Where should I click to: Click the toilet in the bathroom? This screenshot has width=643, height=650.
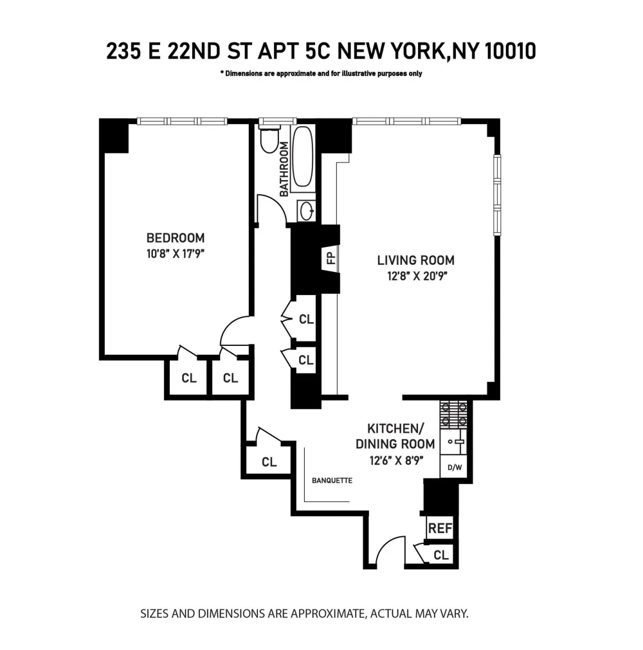(x=270, y=140)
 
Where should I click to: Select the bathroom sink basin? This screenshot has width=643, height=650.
(x=307, y=212)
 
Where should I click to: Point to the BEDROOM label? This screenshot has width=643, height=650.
(x=176, y=238)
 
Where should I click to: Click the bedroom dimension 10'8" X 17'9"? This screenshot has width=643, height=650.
(x=176, y=254)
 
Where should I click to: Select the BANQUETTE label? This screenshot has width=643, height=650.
(x=332, y=480)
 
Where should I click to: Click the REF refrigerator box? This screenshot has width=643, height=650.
(x=440, y=528)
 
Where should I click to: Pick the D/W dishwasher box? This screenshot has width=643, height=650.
(x=455, y=467)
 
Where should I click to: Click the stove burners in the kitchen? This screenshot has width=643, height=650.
(x=453, y=414)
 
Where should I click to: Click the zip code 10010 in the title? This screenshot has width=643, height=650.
(x=510, y=51)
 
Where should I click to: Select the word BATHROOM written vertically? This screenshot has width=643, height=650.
(x=284, y=169)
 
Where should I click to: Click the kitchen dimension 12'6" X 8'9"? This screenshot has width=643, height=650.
(x=397, y=460)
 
